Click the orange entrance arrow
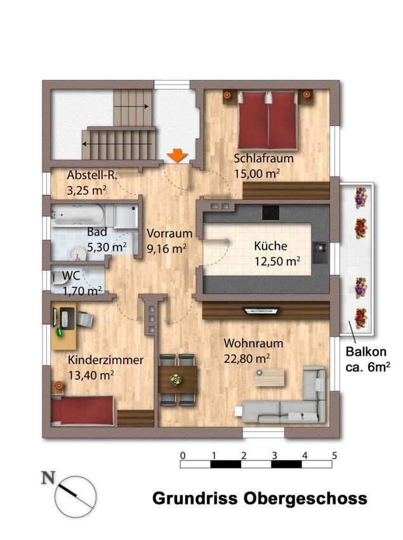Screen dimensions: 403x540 177,155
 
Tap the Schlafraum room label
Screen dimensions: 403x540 263,158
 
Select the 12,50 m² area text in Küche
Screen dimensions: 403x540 277,261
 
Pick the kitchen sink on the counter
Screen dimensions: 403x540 320,252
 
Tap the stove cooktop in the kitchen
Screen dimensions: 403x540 270,212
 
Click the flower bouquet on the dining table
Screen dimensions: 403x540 176,379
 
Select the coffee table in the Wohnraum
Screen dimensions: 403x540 270,377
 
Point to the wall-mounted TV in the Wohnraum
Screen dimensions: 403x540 261,311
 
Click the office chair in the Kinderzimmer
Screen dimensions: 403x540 84,319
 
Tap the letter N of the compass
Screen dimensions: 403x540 48,478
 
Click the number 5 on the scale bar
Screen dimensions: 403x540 334,456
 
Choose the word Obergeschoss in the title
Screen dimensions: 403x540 306,499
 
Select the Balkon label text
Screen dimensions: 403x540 366,351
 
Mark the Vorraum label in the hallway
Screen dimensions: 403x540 169,233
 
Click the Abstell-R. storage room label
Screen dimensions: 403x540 92,175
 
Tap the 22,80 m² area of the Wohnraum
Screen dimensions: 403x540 247,358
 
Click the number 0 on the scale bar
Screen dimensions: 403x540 183,456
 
